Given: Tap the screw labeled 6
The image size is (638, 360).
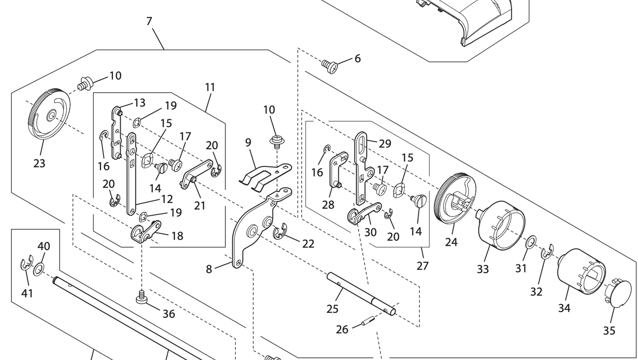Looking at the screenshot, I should click(330, 66).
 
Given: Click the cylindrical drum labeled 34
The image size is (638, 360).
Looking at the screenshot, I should click(581, 271).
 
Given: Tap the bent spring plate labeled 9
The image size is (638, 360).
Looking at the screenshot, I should click(264, 175).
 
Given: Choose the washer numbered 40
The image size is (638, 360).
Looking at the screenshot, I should click(39, 268).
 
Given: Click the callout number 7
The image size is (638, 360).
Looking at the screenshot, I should click(149, 21).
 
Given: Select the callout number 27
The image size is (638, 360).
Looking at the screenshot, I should click(423, 266).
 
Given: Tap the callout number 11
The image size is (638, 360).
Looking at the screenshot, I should click(210, 87).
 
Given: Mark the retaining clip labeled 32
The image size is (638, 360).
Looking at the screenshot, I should click(547, 251).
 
